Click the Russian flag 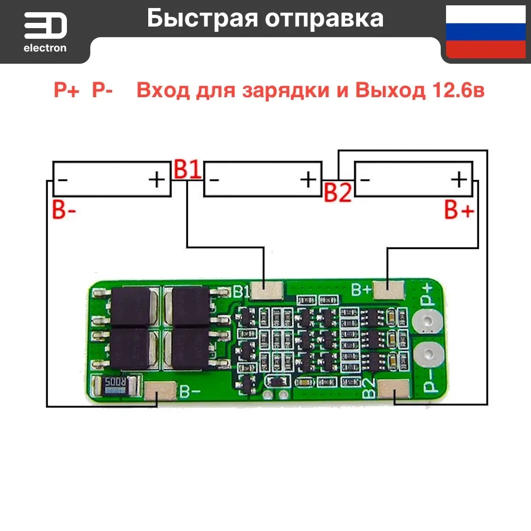click(486, 32)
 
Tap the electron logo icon click(45, 26)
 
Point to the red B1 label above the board click(187, 170)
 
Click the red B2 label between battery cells click(338, 193)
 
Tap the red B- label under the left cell click(64, 210)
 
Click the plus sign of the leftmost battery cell click(157, 180)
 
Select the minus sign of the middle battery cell click(215, 180)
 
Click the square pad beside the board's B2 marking click(394, 393)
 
